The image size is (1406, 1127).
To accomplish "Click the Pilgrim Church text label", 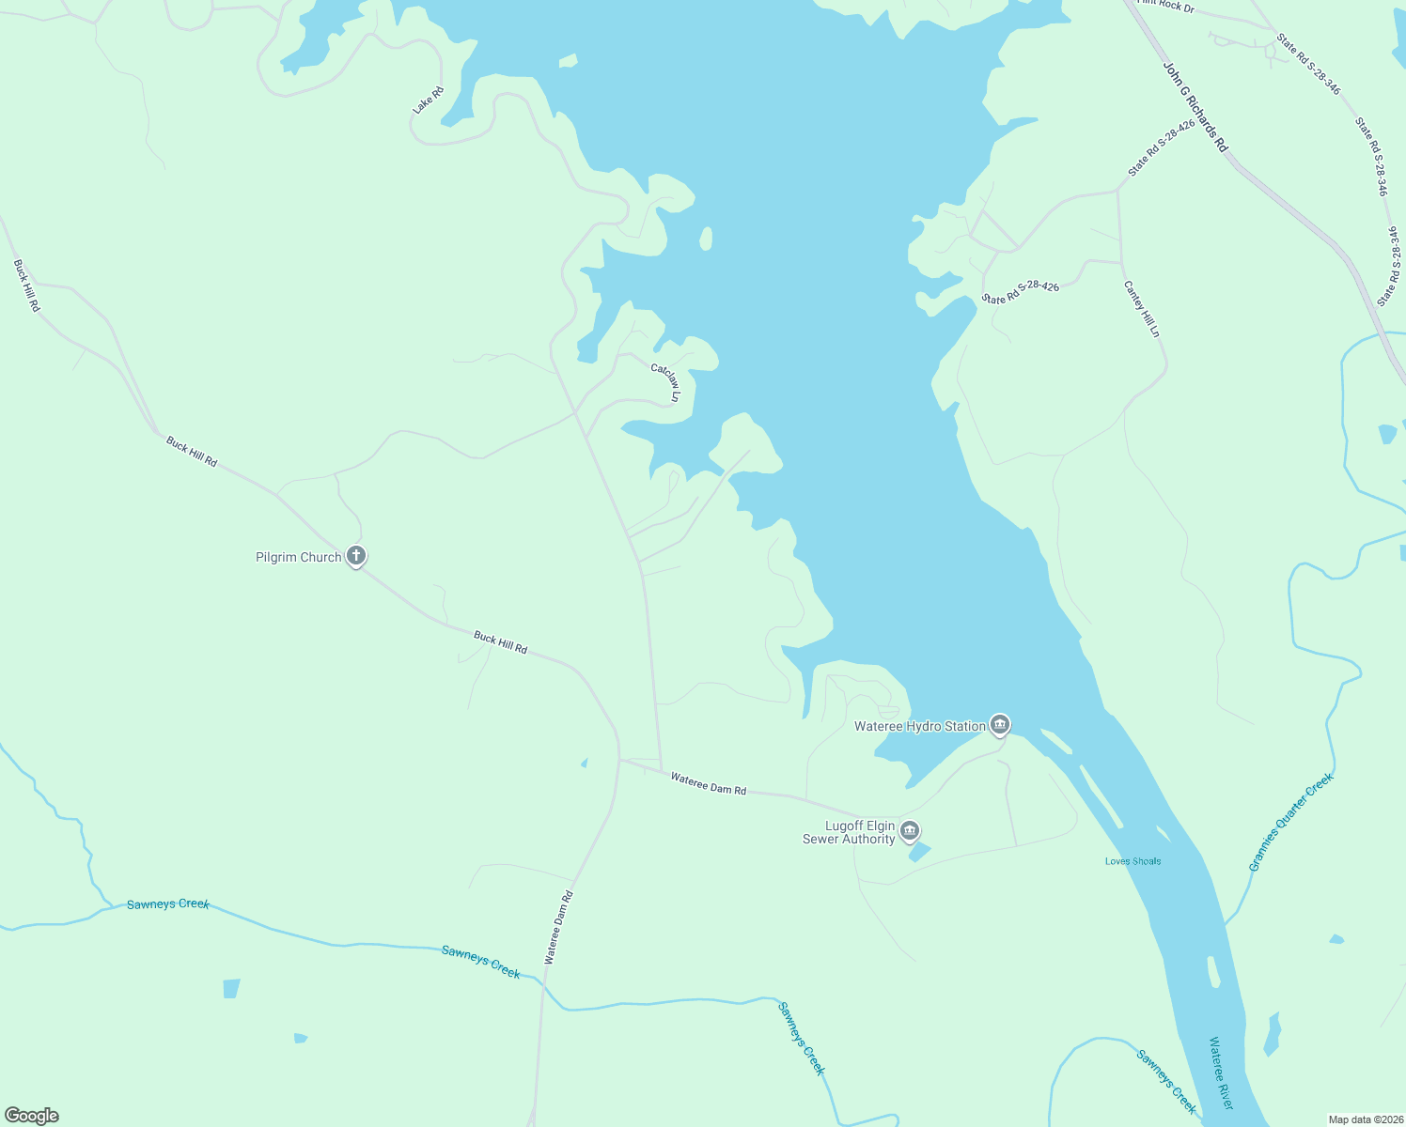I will (x=298, y=557).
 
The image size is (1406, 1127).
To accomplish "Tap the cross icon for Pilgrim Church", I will (x=356, y=556).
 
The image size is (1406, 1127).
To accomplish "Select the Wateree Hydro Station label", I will (x=919, y=726).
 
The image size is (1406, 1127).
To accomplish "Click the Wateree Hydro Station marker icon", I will (x=1000, y=724).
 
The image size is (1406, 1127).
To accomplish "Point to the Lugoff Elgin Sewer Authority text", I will (x=849, y=832).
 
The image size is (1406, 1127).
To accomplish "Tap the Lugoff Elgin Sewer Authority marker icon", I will (x=909, y=830).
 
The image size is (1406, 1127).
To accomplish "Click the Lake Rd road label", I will (x=428, y=100).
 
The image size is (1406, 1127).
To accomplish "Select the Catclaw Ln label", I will (x=665, y=383).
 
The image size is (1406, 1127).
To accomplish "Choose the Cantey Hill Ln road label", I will (x=1142, y=309).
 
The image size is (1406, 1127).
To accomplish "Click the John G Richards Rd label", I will (x=1195, y=107).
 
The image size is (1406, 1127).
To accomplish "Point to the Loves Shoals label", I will (x=1133, y=861).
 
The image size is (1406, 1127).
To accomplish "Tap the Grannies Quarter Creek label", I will (x=1290, y=822).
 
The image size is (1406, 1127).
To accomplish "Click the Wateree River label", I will (x=1221, y=1073).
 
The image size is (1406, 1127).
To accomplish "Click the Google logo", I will (x=32, y=1116).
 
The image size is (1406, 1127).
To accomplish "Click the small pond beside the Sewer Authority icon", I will (x=919, y=852).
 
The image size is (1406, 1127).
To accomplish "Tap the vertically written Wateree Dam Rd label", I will (x=558, y=928).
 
